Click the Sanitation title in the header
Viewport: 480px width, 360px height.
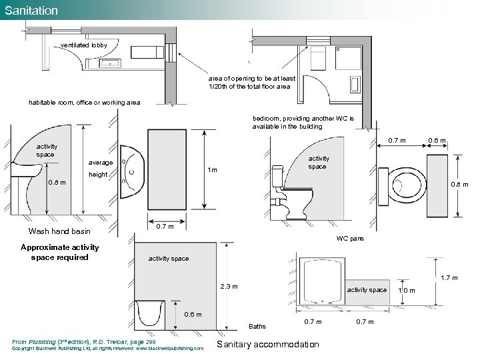pyautogui.click(x=31, y=11)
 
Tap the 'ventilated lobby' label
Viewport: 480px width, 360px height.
pyautogui.click(x=84, y=45)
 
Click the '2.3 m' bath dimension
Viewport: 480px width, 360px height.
pyautogui.click(x=229, y=287)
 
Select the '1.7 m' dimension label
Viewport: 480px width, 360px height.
pyautogui.click(x=449, y=278)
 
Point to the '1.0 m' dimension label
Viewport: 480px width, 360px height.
pyautogui.click(x=407, y=291)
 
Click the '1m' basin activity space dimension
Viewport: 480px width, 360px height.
pyautogui.click(x=212, y=169)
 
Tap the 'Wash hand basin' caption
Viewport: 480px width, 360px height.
pyautogui.click(x=59, y=231)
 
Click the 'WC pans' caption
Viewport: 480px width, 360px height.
pyautogui.click(x=350, y=239)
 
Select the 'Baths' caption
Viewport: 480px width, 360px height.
pyautogui.click(x=257, y=327)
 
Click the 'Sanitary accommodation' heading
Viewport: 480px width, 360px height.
pyautogui.click(x=268, y=345)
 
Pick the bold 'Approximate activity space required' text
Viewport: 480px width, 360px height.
pyautogui.click(x=60, y=252)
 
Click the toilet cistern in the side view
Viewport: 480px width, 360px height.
pyautogui.click(x=277, y=176)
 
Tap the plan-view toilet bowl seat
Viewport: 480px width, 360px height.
pyautogui.click(x=407, y=185)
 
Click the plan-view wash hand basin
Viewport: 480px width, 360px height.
pyautogui.click(x=132, y=172)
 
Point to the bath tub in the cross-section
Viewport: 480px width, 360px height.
pyautogui.click(x=150, y=315)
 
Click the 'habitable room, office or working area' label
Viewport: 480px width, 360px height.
pyautogui.click(x=85, y=103)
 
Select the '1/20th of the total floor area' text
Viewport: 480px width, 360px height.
pyautogui.click(x=249, y=87)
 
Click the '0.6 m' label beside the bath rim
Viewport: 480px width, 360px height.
pyautogui.click(x=193, y=315)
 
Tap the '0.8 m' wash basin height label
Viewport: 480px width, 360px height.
pyautogui.click(x=57, y=183)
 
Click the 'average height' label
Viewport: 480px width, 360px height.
pyautogui.click(x=100, y=169)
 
